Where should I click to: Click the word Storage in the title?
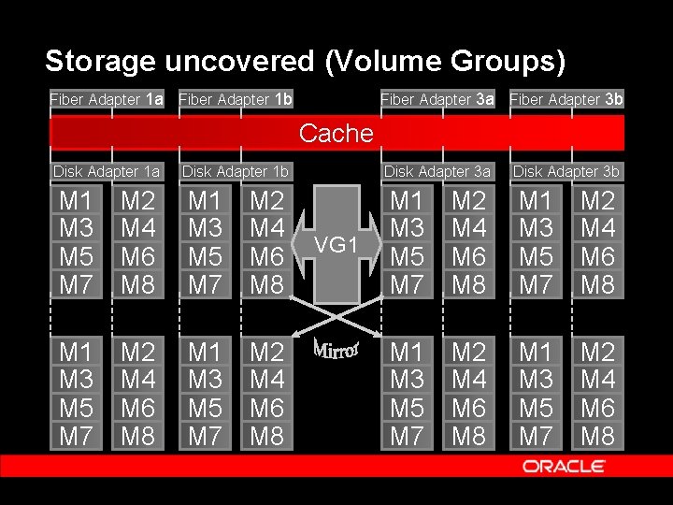pos(101,62)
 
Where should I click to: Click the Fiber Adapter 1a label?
pos(107,99)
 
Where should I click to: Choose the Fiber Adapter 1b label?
pos(236,99)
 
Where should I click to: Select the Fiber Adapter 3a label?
pos(437,99)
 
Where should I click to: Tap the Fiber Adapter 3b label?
pos(566,99)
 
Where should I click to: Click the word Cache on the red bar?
pos(336,133)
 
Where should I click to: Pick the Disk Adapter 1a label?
pos(107,172)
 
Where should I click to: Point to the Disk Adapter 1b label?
pos(236,172)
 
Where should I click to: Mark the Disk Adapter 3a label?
pos(437,172)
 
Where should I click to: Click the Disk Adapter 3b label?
pos(566,172)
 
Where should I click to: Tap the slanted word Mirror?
pos(336,346)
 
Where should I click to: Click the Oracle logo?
pos(564,466)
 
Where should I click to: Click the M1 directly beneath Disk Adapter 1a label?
pos(76,200)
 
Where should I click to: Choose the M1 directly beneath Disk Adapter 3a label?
pos(407,200)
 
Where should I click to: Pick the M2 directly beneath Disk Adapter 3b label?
pos(598,200)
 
